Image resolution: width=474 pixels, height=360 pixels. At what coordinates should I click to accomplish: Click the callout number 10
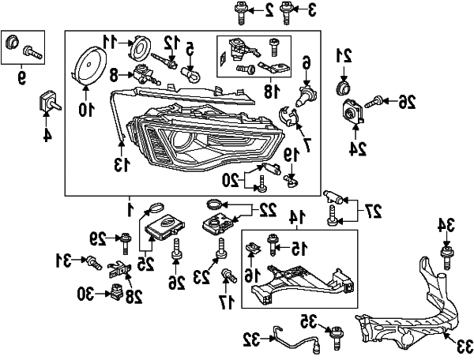click(x=85, y=110)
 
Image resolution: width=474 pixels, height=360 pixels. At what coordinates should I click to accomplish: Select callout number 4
click(x=47, y=134)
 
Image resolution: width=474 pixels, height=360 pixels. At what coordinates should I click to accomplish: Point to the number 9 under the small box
click(x=21, y=77)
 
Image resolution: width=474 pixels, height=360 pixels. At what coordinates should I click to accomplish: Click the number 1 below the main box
click(x=130, y=208)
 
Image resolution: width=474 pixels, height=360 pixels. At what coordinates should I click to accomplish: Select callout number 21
click(x=343, y=55)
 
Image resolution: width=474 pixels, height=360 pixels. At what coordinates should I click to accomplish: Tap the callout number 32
click(x=251, y=340)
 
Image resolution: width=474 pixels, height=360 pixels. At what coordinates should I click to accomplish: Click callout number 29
click(x=96, y=236)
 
